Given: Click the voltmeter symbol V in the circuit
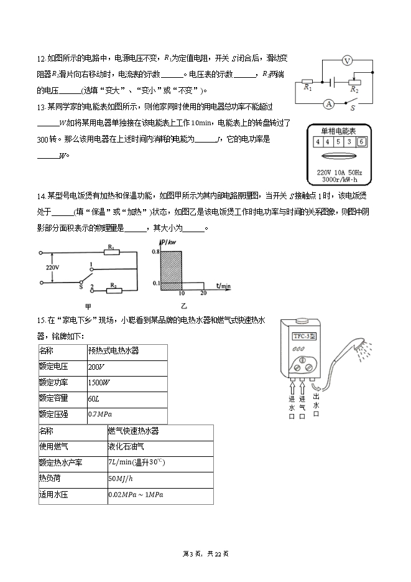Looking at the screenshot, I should [348, 60].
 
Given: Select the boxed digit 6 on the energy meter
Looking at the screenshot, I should [360, 142].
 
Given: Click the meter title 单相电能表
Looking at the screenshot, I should [338, 131].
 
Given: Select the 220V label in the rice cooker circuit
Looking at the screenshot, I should [53, 268].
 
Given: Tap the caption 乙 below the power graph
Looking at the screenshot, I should [183, 306].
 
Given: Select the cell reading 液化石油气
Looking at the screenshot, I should [126, 446].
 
